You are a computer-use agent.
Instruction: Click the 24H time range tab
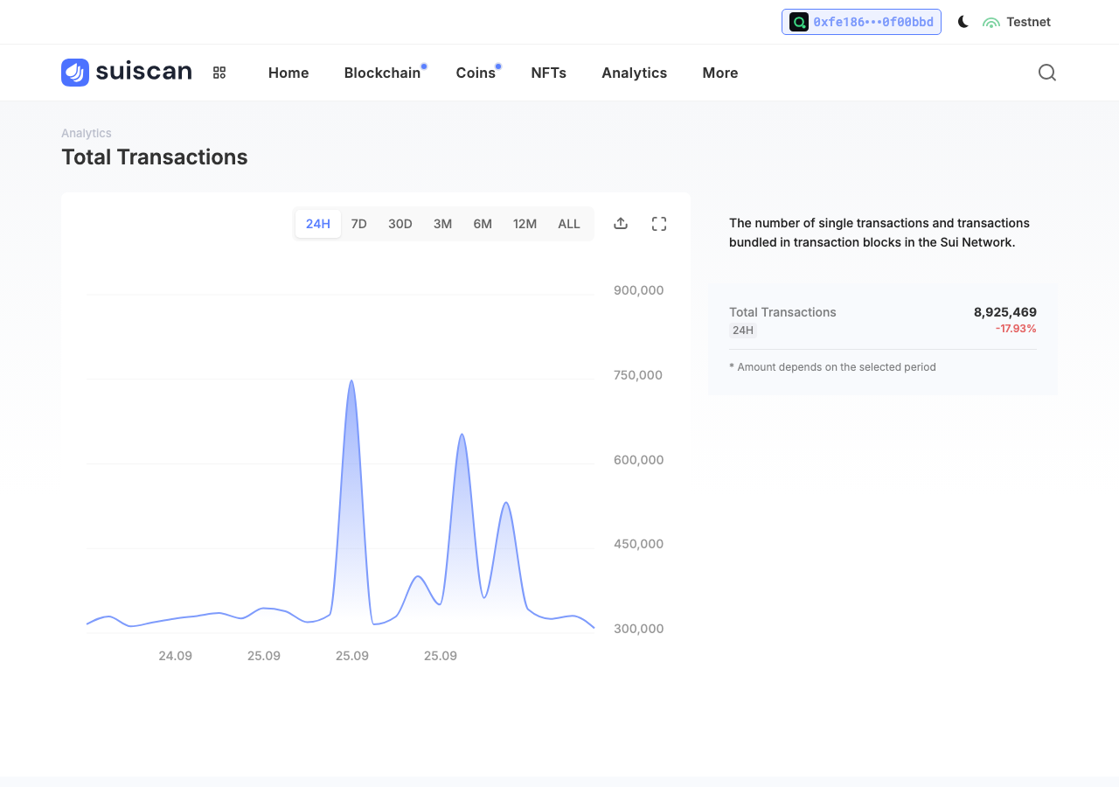(317, 224)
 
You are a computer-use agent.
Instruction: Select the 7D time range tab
(358, 224)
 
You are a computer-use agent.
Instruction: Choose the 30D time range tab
(400, 224)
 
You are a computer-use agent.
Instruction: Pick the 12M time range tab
(525, 224)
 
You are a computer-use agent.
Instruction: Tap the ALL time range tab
(568, 224)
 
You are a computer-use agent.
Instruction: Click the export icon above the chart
(621, 223)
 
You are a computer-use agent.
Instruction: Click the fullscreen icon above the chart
(659, 224)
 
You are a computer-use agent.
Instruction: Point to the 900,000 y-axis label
(638, 290)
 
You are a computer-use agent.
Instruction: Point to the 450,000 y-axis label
(638, 544)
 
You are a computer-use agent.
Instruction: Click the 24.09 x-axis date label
(176, 656)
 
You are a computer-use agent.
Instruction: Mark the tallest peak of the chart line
(351, 380)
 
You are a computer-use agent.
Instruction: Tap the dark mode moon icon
(963, 22)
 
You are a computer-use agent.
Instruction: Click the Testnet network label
(1028, 22)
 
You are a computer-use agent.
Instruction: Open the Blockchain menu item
(382, 73)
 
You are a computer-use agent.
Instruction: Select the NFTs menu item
(548, 73)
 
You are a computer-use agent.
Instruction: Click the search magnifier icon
(1047, 73)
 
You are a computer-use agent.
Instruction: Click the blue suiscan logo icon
(75, 73)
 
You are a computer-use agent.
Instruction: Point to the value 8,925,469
(1005, 312)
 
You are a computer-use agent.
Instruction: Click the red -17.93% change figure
(1016, 329)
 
